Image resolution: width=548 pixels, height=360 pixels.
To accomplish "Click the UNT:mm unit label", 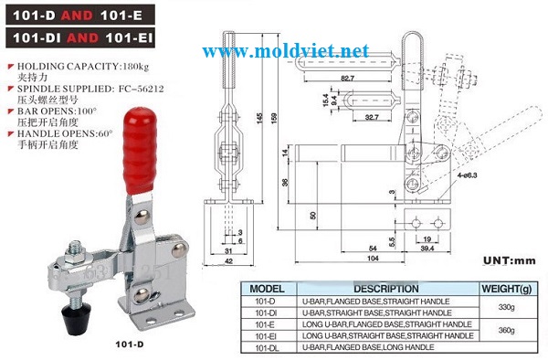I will pyautogui.click(x=507, y=260).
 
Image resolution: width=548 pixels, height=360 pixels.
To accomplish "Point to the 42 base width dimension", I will pyautogui.click(x=226, y=259).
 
